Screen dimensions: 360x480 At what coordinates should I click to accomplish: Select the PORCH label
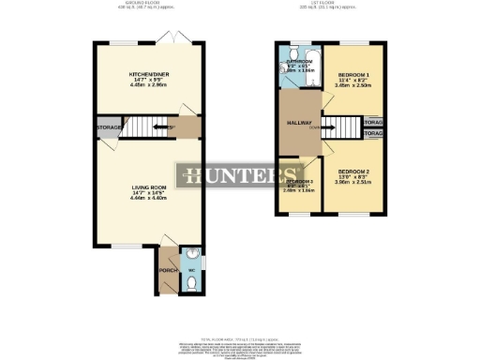tap(168, 270)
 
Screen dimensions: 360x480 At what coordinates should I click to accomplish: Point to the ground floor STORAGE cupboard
tap(109, 127)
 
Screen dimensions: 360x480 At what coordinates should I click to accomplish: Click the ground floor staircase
tap(149, 127)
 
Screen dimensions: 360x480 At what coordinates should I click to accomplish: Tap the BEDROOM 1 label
tap(353, 75)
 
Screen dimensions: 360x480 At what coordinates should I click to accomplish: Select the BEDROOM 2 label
tap(354, 172)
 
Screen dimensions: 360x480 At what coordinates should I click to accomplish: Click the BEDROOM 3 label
tap(300, 182)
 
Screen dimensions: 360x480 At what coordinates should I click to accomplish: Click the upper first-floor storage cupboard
tap(371, 122)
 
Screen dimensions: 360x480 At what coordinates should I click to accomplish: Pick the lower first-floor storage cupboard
tap(371, 134)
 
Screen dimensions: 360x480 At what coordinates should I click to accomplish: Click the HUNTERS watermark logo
tap(239, 174)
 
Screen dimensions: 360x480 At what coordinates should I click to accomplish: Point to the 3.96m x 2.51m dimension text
tap(354, 183)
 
